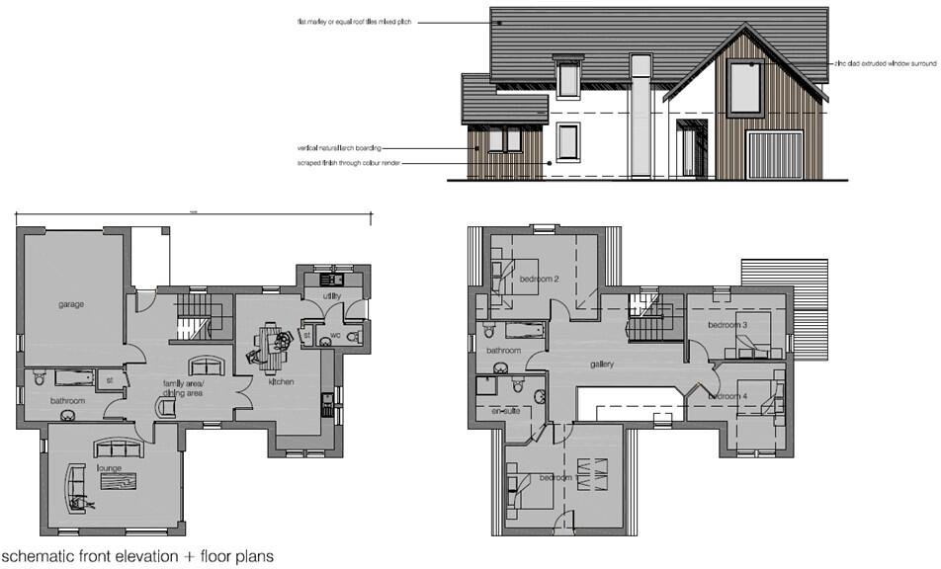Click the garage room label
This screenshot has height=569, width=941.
(x=70, y=304)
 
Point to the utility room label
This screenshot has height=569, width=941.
(x=332, y=295)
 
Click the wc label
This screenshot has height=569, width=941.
(x=335, y=335)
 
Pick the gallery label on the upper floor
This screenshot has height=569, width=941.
(x=603, y=365)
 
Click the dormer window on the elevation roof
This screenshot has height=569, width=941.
(x=567, y=77)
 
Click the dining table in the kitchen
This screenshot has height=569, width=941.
(x=270, y=341)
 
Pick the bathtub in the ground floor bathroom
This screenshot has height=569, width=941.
(x=69, y=376)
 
